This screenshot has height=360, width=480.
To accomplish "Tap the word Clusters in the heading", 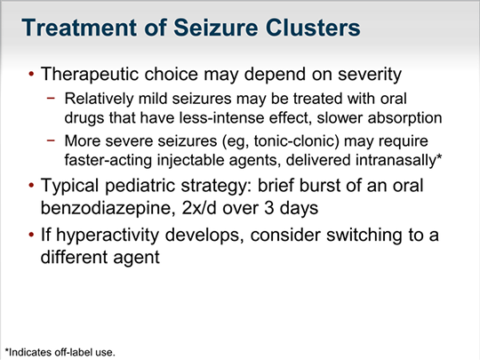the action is (x=314, y=28).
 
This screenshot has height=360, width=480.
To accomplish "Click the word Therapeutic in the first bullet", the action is (x=90, y=75).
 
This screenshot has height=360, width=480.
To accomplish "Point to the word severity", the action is (x=370, y=75).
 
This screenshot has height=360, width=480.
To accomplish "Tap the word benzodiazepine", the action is (x=108, y=208).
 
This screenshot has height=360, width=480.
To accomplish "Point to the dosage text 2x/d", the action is (x=199, y=208).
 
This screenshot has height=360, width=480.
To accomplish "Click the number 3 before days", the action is (x=268, y=208).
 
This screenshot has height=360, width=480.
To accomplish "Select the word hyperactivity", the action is (x=108, y=236).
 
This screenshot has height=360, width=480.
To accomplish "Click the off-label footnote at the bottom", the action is (x=60, y=352).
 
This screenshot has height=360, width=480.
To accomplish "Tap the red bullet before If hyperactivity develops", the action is (x=31, y=235).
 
